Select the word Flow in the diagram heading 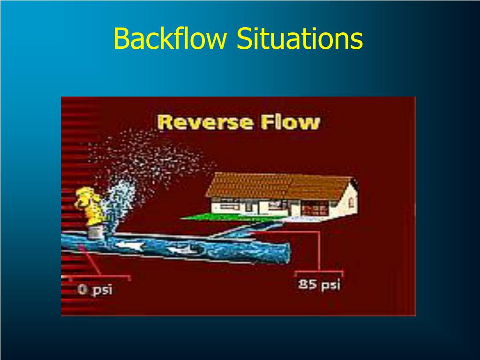(x=291, y=123)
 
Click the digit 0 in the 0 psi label (x=82, y=290)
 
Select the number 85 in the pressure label (x=307, y=284)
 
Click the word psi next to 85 (x=330, y=285)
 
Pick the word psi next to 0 (x=102, y=290)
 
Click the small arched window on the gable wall (x=350, y=193)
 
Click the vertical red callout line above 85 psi (x=319, y=251)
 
